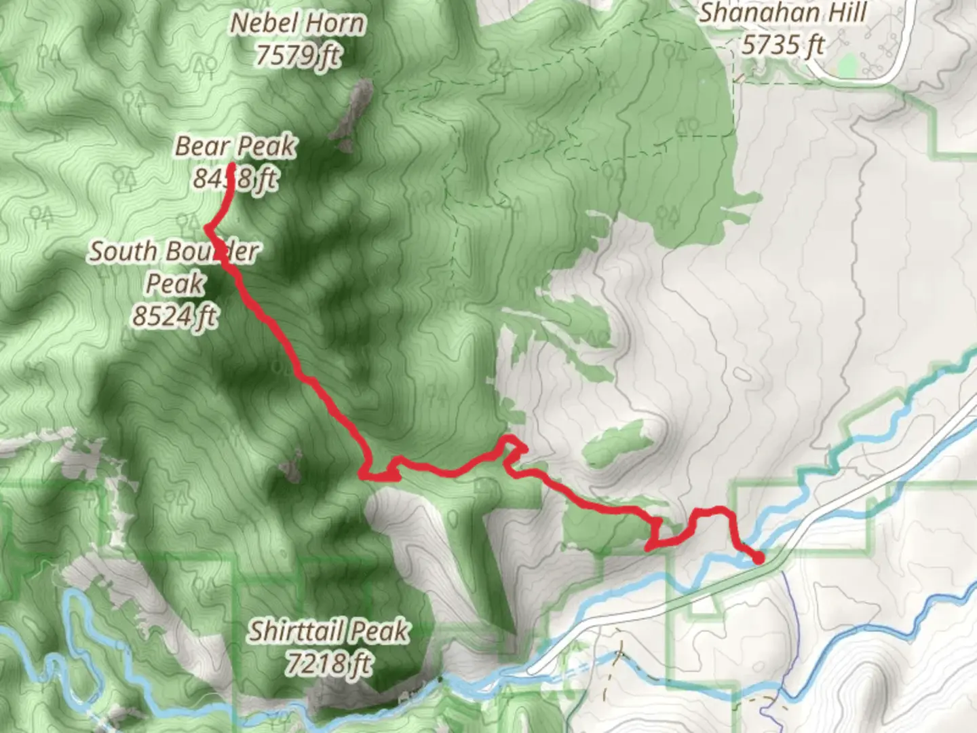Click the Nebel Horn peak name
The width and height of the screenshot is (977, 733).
297,23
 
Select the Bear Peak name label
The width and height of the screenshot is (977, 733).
235,146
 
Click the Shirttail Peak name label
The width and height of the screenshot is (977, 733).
328,631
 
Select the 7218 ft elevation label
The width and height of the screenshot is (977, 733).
328,662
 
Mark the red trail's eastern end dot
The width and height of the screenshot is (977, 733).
759,558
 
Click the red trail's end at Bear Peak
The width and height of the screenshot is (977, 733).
231,166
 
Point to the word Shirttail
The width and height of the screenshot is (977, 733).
296,632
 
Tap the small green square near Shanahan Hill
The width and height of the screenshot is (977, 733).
846,67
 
